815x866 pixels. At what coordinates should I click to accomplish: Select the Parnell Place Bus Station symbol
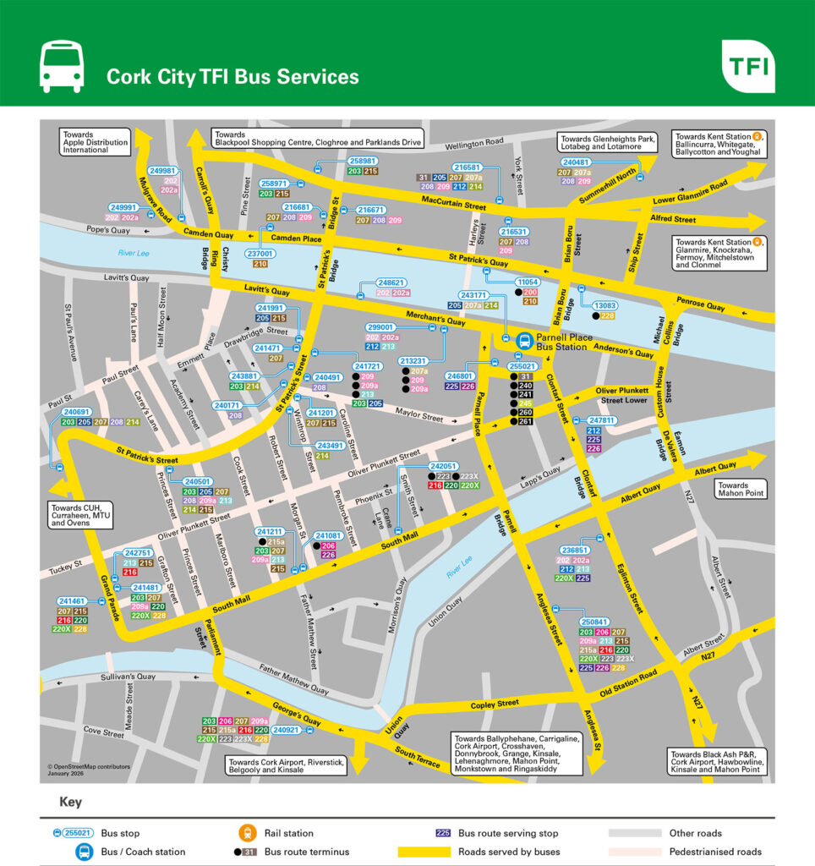(x=524, y=342)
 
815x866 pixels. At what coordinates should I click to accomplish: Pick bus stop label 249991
(x=123, y=207)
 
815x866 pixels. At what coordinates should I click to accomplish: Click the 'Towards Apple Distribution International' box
(x=96, y=141)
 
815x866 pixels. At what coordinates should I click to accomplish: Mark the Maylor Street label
(x=420, y=417)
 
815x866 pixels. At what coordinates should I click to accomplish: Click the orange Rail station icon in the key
(x=249, y=833)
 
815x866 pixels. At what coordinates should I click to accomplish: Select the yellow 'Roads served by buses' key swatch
(x=424, y=852)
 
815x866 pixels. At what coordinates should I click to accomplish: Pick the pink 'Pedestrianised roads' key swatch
(x=633, y=852)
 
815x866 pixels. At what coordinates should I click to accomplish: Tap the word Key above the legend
(x=70, y=802)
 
